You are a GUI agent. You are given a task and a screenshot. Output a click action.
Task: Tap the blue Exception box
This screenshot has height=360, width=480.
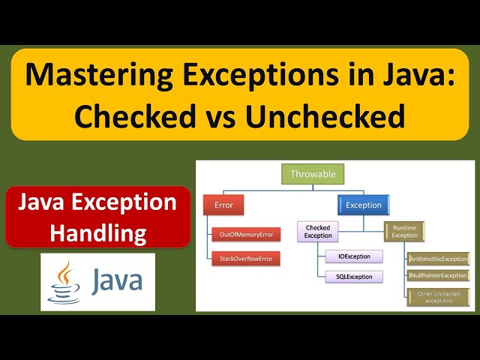[364, 205]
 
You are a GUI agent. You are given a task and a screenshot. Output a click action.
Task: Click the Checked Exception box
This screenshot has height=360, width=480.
[317, 231]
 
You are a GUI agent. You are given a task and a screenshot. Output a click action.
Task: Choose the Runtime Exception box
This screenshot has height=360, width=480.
[405, 231]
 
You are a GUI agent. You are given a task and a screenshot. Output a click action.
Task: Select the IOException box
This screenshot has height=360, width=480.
[354, 256]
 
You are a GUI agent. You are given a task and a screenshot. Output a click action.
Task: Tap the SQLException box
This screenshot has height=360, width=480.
[354, 277]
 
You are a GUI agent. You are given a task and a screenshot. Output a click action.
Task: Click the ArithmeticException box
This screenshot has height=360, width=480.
[439, 259]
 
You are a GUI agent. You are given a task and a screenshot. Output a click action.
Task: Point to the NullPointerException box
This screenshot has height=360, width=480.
[439, 276]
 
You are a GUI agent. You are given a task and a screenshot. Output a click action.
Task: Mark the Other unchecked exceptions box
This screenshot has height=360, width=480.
[439, 296]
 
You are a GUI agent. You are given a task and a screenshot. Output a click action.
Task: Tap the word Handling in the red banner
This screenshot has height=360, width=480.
[97, 233]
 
